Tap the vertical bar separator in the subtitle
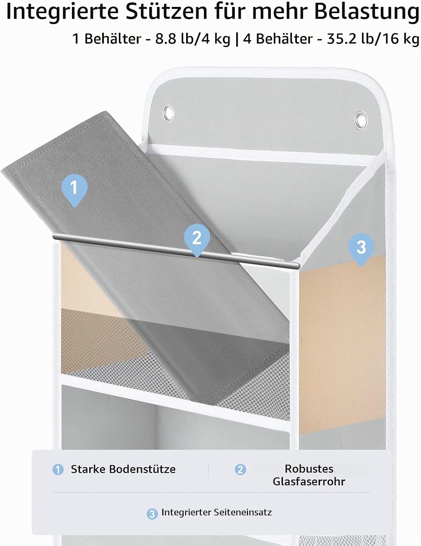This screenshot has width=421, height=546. (237, 40)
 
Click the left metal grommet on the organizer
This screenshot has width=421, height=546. (168, 113)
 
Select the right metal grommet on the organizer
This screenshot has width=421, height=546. (361, 120)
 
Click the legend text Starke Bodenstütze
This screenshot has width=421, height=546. (123, 469)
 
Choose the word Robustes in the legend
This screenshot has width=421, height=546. (309, 469)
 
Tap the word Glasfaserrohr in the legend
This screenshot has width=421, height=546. (309, 482)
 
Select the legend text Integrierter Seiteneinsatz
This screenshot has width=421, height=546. (217, 512)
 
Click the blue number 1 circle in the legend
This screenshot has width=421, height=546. (58, 470)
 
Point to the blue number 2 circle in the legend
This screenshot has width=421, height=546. (240, 470)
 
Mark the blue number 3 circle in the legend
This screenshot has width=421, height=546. (152, 514)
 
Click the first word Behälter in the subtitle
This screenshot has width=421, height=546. (113, 39)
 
